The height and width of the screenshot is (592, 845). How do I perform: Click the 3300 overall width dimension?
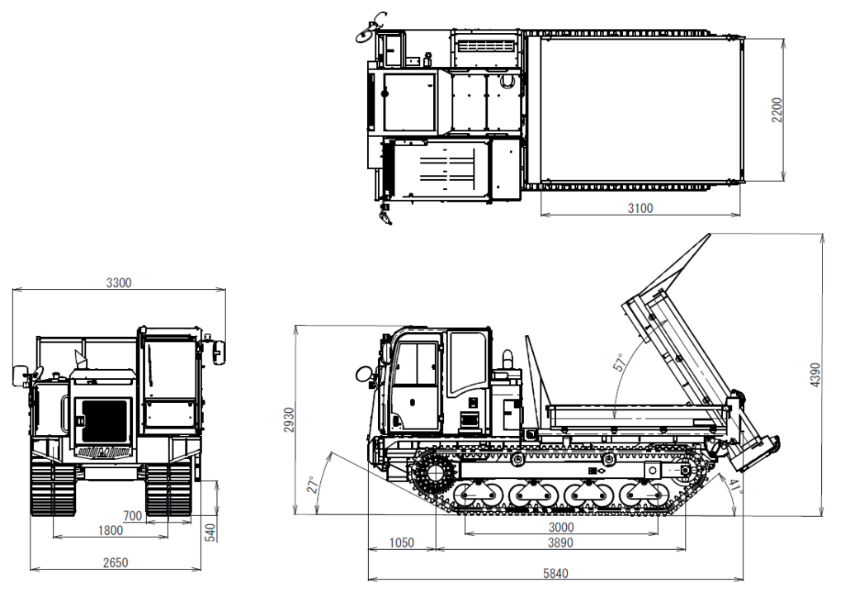(118, 282)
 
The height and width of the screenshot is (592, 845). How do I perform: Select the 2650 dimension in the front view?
(116, 563)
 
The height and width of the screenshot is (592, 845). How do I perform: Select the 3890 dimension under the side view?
(560, 542)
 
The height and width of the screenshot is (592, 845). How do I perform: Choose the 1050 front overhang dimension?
(401, 542)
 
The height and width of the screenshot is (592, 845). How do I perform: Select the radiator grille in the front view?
(103, 419)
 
